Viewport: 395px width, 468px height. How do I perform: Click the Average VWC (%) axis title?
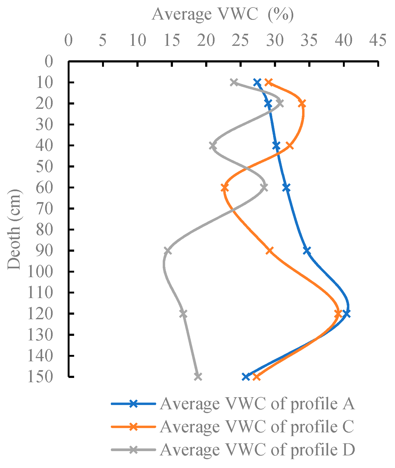[x=223, y=14]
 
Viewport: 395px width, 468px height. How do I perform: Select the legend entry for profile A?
[x=257, y=404]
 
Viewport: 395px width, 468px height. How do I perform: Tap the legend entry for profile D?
[x=257, y=450]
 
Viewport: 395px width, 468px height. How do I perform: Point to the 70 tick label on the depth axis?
[x=44, y=209]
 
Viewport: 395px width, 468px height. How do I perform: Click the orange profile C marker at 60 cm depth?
[x=225, y=188]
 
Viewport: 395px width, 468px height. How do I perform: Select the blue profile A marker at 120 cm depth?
[x=346, y=314]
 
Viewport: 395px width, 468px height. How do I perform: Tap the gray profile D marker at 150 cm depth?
[x=198, y=377]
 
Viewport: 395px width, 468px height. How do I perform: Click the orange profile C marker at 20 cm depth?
[x=302, y=103]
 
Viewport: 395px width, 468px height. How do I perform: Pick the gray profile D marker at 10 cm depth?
[x=234, y=82]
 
